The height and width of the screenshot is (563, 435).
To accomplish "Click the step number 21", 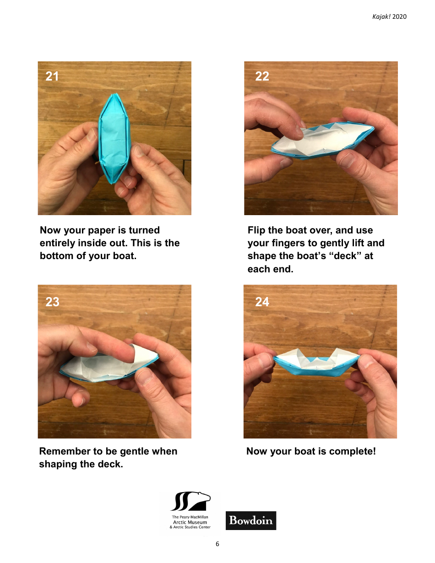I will pyautogui.click(x=52, y=76).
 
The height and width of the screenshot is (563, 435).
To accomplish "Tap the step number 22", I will pyautogui.click(x=262, y=76).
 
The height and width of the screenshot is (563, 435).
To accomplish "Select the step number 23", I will pyautogui.click(x=52, y=302).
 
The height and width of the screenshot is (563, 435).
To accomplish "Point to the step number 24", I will pyautogui.click(x=262, y=302).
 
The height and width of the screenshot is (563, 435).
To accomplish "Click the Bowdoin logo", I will pyautogui.click(x=251, y=520).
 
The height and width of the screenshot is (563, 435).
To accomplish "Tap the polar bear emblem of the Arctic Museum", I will pyautogui.click(x=190, y=502).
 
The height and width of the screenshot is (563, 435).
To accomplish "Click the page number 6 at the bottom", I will pyautogui.click(x=217, y=544).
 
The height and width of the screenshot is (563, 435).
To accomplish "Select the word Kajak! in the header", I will pyautogui.click(x=381, y=17).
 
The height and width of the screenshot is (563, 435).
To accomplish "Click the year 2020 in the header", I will pyautogui.click(x=400, y=17).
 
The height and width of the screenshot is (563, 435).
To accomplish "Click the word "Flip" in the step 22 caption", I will pyautogui.click(x=256, y=230).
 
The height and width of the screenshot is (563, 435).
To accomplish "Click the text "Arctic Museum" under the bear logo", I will pyautogui.click(x=190, y=522).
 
